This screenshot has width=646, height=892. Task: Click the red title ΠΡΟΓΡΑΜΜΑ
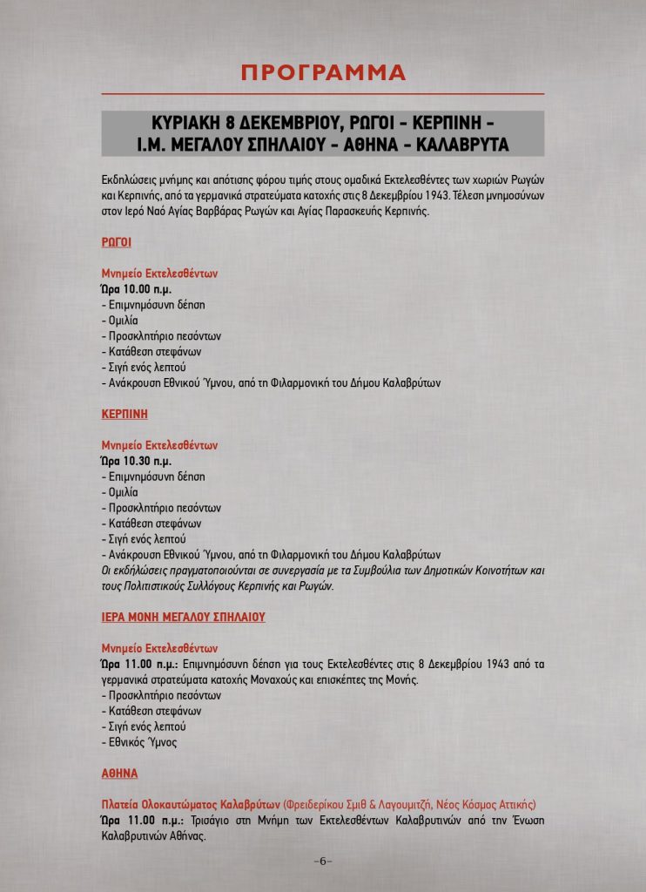[323, 72]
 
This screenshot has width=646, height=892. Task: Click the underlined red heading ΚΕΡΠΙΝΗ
[123, 413]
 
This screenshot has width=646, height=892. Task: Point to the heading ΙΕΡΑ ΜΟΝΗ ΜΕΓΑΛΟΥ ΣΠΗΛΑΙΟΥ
[183, 617]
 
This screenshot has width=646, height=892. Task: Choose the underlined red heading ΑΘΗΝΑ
[119, 773]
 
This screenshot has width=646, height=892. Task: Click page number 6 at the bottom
[322, 862]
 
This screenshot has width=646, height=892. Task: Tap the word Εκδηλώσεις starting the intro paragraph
[129, 180]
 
